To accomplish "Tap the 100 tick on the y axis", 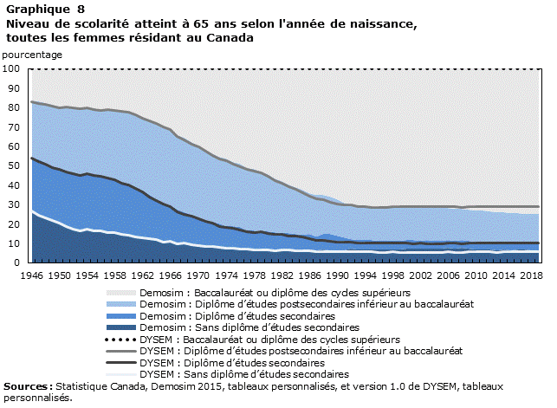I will tap(11, 68).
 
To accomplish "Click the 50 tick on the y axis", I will tap(14, 165).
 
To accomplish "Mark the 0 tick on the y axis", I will tap(16, 262).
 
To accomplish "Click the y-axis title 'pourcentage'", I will tap(33, 55).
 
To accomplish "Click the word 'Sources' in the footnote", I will tap(26, 386).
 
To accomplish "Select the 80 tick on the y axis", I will tap(14, 107).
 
